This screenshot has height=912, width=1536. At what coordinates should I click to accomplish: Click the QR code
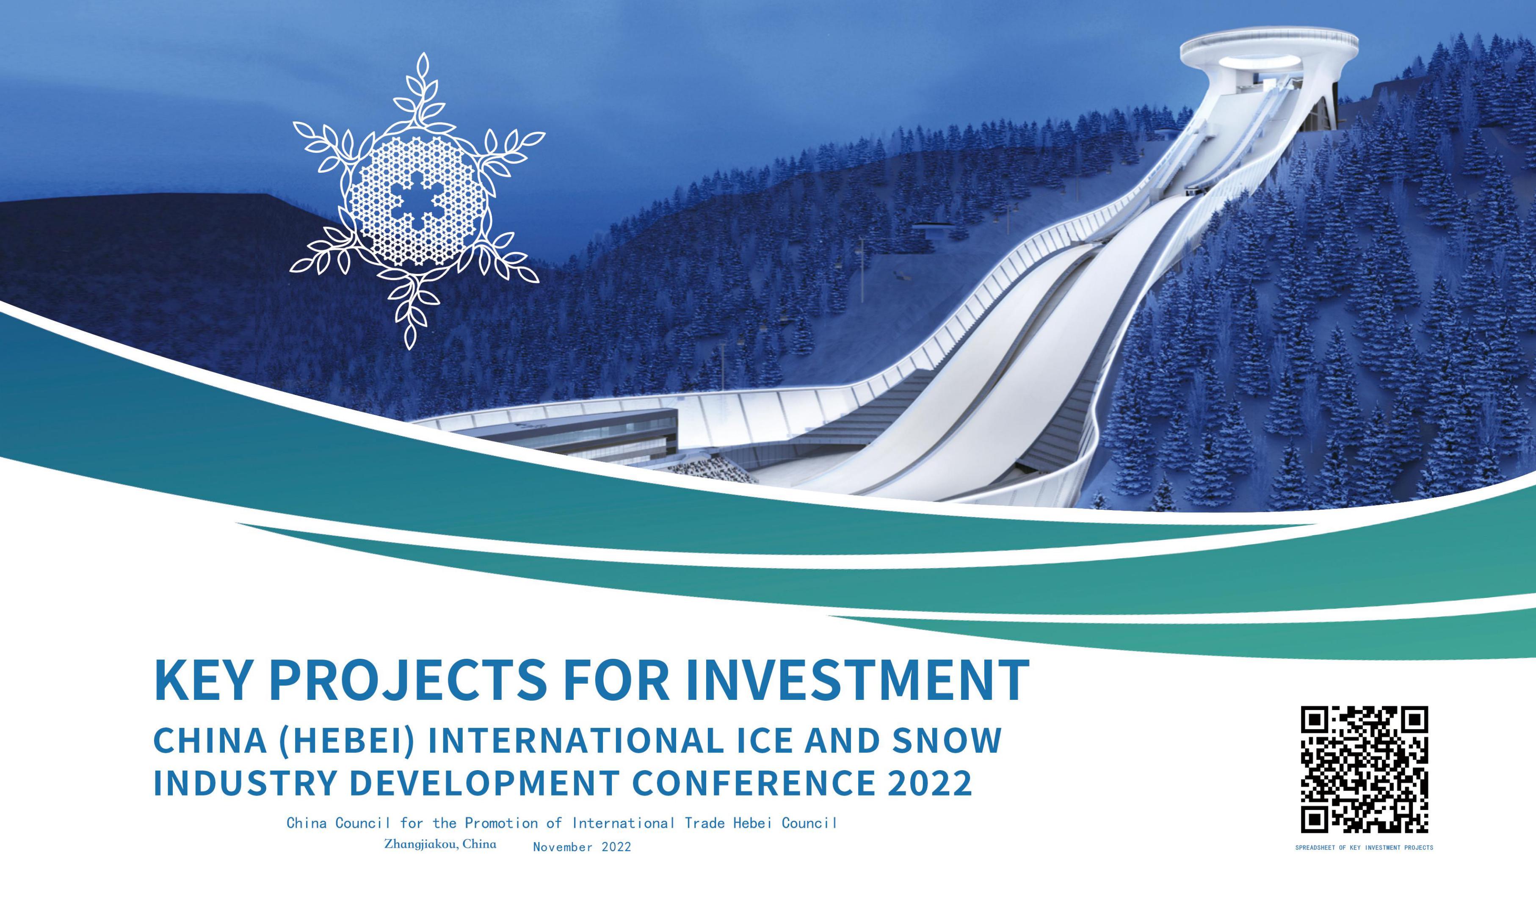[x=1364, y=769]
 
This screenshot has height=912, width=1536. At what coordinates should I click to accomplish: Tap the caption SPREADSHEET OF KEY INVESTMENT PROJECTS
[x=1364, y=848]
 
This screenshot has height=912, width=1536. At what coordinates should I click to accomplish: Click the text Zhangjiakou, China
[x=440, y=844]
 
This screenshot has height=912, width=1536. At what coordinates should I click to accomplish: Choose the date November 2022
[x=582, y=847]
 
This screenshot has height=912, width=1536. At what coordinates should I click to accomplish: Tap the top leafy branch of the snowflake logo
[x=423, y=92]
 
